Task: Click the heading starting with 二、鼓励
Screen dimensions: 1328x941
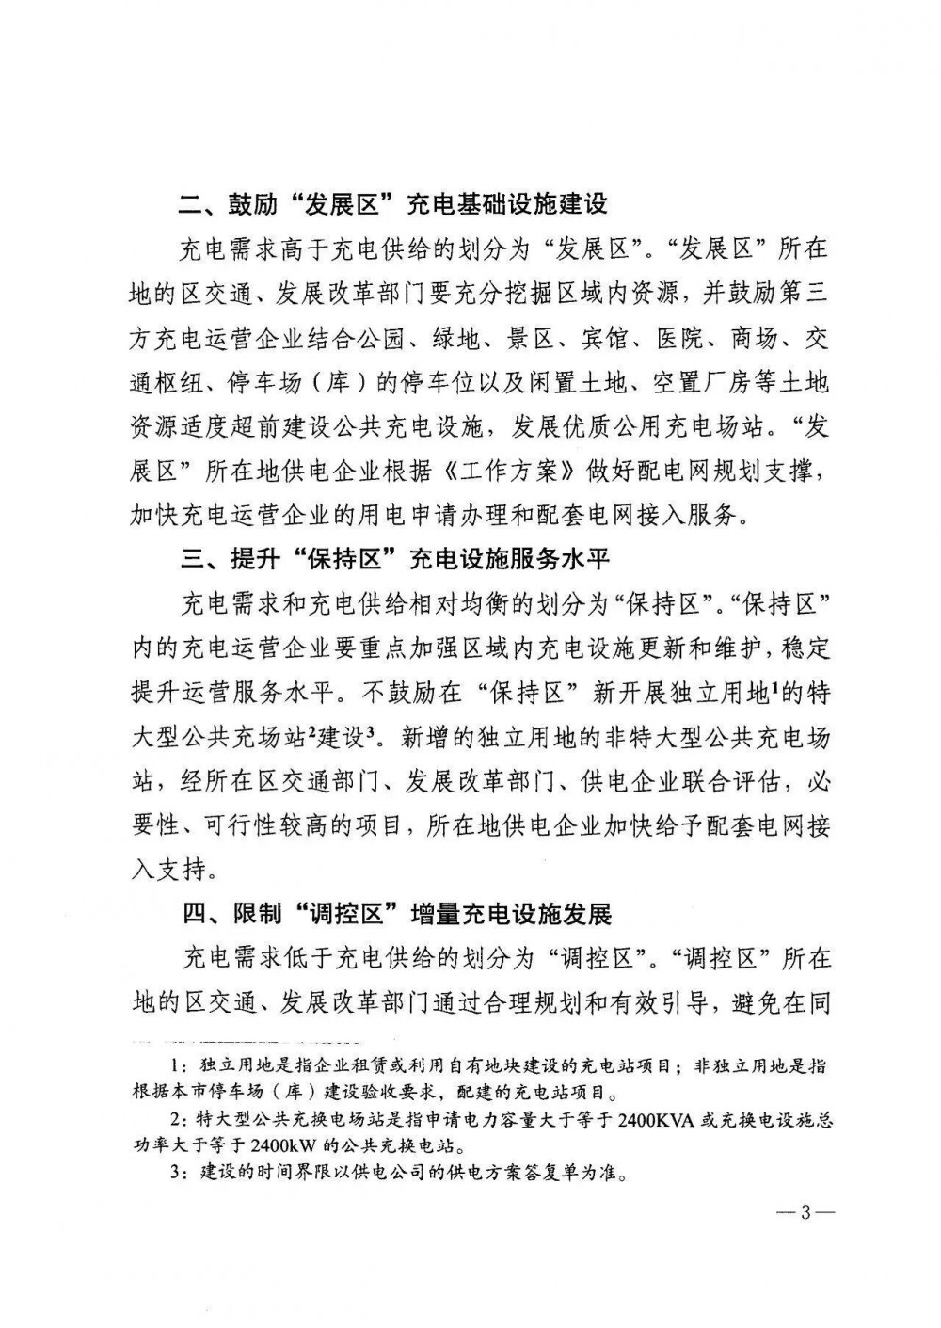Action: (x=395, y=203)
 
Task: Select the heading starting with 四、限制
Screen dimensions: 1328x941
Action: (x=395, y=914)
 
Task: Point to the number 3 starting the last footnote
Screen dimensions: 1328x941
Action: (x=174, y=1174)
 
